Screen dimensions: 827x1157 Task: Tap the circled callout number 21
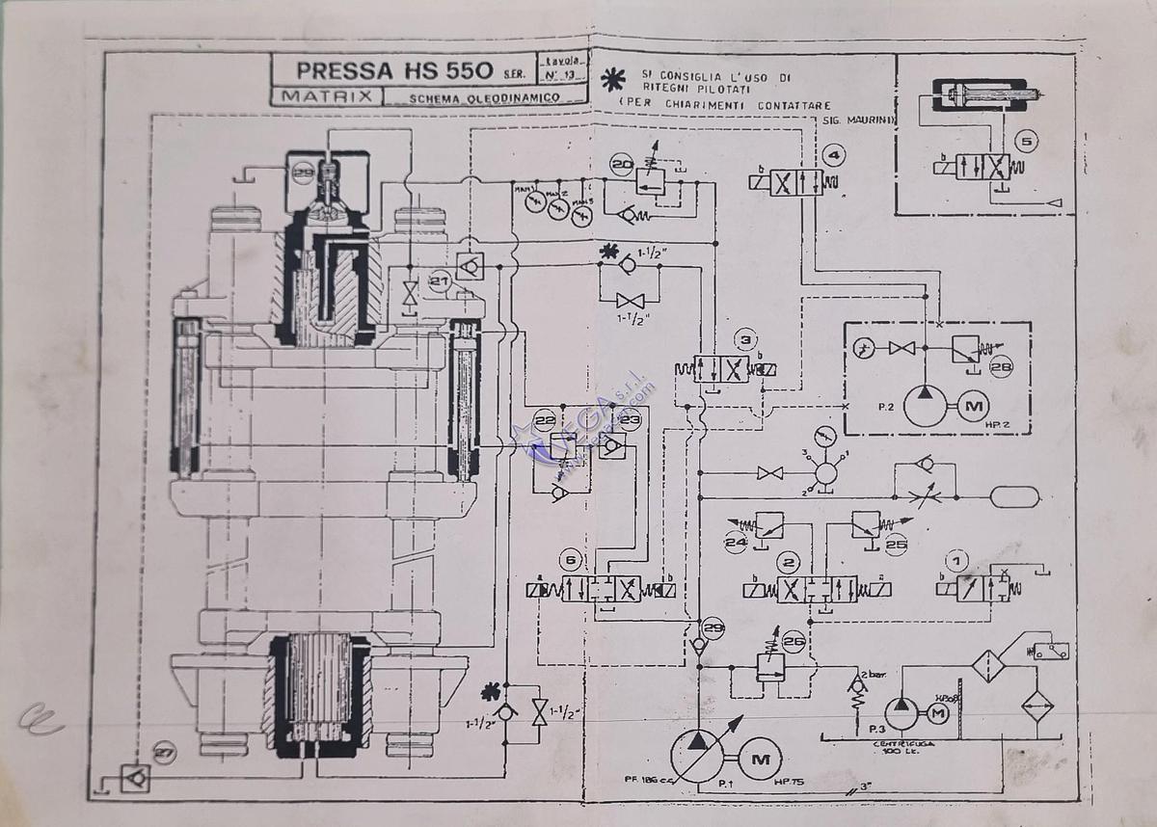440,281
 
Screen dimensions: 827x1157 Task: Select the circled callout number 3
744,340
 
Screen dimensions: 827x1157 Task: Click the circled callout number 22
545,420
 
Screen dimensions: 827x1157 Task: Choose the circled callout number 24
738,543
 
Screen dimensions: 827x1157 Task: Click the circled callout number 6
573,561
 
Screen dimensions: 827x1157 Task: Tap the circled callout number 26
794,639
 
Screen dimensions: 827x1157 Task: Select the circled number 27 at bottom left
165,755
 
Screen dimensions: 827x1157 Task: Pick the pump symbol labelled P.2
924,406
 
